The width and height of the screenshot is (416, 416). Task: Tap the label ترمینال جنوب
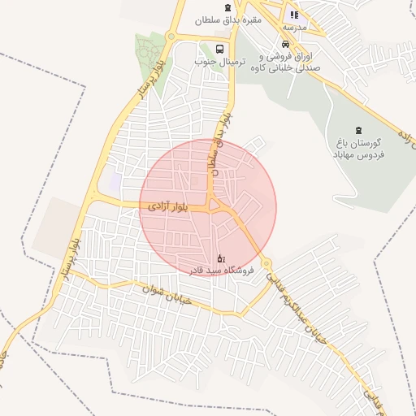coord(214,61)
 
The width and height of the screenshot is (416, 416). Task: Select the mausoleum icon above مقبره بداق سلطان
coord(224,5)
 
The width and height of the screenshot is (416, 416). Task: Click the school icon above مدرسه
coord(294,15)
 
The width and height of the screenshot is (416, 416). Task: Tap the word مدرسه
coord(294,27)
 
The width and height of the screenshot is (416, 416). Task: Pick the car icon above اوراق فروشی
coord(284,45)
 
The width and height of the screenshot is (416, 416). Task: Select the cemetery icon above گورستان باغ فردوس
coord(358,129)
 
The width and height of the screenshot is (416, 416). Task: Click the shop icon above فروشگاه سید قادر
coord(222,257)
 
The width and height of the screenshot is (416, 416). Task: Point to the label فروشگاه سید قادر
coord(222,269)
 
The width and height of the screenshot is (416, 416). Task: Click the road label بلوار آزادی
coord(169,207)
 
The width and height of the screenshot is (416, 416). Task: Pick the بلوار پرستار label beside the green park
coord(148,79)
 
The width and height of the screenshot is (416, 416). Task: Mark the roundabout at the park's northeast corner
coord(170,37)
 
